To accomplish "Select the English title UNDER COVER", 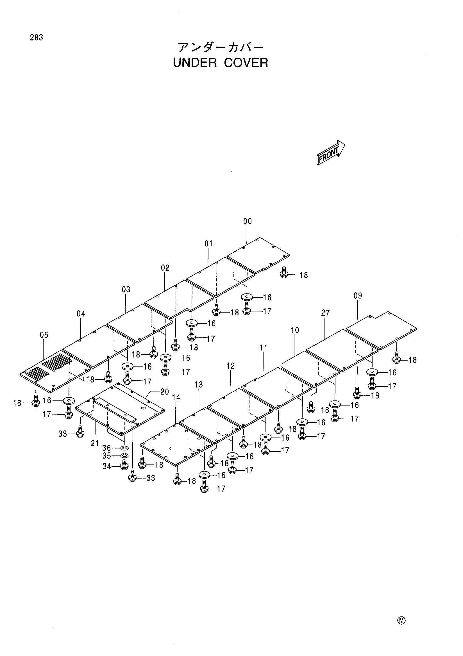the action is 221,63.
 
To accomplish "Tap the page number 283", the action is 36,37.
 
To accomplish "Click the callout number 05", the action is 44,334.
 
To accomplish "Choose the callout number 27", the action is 325,313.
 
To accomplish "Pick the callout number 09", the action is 358,296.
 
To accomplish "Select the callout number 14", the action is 176,397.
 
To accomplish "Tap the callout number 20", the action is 164,391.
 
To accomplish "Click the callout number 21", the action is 95,443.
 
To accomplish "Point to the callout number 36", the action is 106,448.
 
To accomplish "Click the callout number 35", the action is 106,455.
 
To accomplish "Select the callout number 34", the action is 106,466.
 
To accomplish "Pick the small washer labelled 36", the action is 125,447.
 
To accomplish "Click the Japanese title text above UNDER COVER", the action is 220,47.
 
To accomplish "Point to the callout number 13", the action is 199,384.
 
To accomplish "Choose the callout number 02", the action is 165,268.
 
